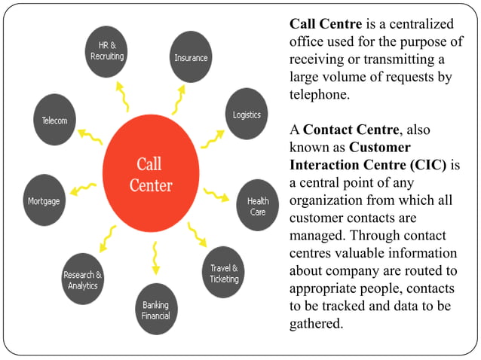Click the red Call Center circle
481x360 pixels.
(x=151, y=173)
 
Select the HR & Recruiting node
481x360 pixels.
(x=106, y=51)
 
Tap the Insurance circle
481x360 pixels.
(x=191, y=56)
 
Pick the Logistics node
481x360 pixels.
(x=247, y=114)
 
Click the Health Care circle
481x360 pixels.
(x=258, y=205)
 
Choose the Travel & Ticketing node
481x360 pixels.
(x=223, y=272)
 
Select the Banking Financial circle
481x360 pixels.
(x=157, y=309)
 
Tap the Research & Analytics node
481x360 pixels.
(x=83, y=279)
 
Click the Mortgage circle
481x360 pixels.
(x=44, y=200)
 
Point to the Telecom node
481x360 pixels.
(x=54, y=120)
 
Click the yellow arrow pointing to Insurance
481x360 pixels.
(x=179, y=99)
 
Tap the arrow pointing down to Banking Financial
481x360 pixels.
(x=155, y=258)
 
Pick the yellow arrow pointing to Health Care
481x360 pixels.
(x=216, y=194)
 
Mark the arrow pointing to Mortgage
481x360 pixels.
(x=83, y=189)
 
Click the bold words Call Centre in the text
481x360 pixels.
(x=326, y=24)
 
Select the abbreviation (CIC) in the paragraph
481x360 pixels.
(x=428, y=165)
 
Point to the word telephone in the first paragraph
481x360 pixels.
(x=320, y=94)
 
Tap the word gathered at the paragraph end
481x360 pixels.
(x=317, y=324)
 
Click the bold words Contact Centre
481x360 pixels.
(x=351, y=130)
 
